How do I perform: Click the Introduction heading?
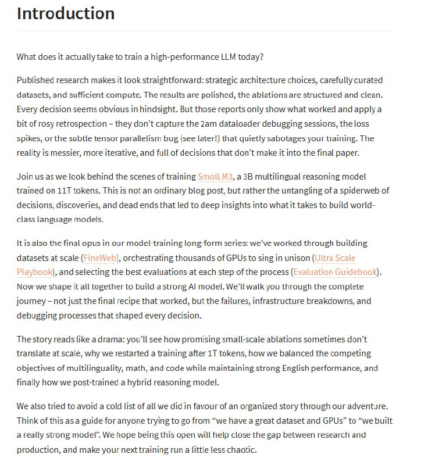point(66,13)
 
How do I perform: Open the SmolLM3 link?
point(216,176)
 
